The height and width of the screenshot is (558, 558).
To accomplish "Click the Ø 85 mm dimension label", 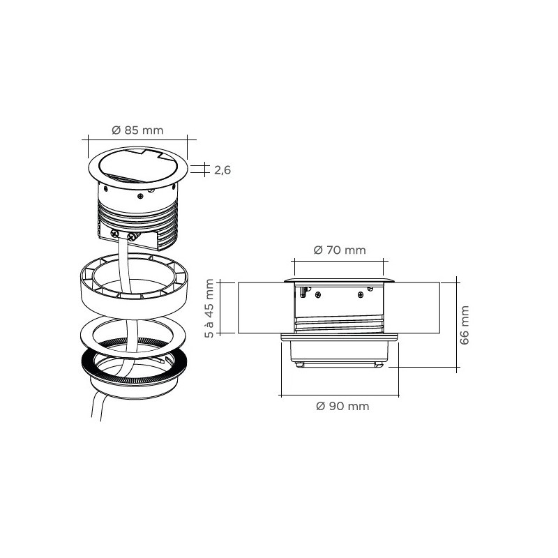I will (137, 130).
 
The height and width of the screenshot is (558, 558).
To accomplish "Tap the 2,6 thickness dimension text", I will (223, 169).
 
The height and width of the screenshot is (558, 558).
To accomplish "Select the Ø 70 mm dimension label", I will (339, 250).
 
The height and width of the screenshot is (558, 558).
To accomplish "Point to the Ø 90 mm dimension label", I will (342, 406).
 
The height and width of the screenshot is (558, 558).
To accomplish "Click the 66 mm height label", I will (465, 324).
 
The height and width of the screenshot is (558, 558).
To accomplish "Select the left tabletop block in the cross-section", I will (262, 308).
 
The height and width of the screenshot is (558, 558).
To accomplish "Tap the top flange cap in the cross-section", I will (339, 280).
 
